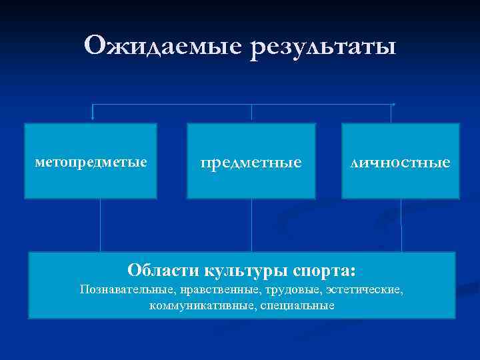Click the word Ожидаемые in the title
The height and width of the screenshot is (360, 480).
click(x=164, y=46)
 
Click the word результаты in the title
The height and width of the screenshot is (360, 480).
click(x=323, y=47)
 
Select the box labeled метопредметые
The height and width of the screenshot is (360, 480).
click(x=91, y=161)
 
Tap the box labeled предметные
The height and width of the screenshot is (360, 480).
click(x=251, y=161)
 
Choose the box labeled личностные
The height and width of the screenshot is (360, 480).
click(x=401, y=161)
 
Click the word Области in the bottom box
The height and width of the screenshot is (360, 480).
click(x=159, y=271)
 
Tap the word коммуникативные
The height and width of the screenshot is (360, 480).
click(x=197, y=305)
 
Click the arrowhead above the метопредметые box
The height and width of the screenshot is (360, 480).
click(x=93, y=117)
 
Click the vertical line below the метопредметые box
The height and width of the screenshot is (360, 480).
click(x=100, y=225)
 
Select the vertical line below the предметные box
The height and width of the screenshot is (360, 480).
click(x=251, y=225)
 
